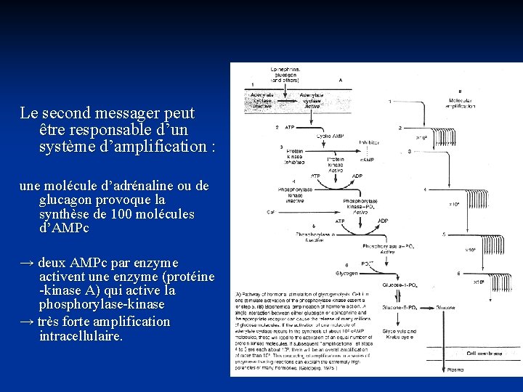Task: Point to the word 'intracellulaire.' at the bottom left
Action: [81, 337]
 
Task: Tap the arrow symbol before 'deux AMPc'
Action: [26, 262]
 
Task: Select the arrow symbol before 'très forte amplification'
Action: [26, 322]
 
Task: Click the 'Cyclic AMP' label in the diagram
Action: [331, 136]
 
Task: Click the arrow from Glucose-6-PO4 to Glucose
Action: [428, 308]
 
